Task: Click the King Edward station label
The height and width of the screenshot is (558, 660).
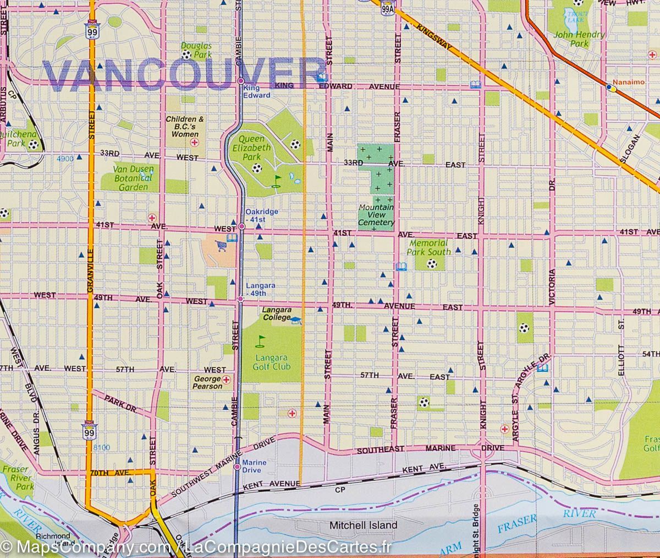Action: tap(257, 91)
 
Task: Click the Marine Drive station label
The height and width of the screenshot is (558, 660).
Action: tap(254, 467)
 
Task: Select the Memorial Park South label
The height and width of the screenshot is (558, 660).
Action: tap(428, 247)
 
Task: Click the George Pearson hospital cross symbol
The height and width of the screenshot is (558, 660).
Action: tap(226, 380)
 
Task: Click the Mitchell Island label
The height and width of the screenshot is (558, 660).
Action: tap(363, 526)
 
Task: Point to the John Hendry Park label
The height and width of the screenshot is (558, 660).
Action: tap(580, 39)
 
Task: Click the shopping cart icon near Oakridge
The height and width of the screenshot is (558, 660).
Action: tap(222, 245)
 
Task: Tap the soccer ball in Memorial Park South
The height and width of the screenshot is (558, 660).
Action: tap(432, 264)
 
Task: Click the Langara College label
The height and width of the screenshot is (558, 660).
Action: tap(276, 313)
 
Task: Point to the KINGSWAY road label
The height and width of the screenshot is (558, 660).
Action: tap(434, 38)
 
